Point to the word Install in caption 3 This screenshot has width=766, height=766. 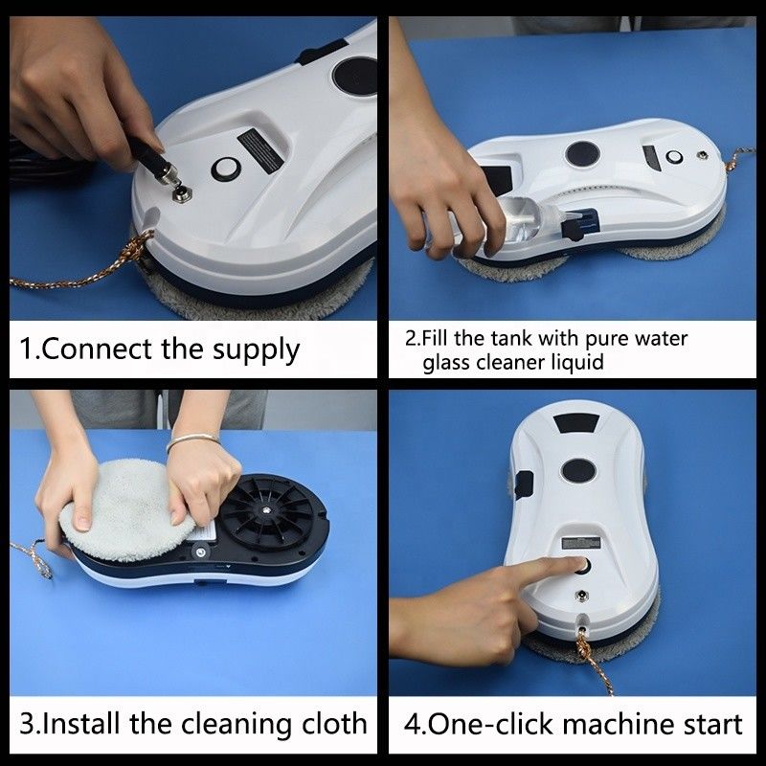[x=81, y=724]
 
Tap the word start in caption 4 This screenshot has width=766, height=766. [x=712, y=725]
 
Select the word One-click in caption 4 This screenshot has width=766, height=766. [x=492, y=724]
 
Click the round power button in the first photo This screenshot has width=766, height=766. [x=225, y=169]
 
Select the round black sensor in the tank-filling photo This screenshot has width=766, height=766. [x=582, y=154]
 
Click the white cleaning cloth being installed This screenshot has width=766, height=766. [x=126, y=509]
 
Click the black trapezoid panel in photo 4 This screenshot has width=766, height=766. [x=576, y=423]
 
